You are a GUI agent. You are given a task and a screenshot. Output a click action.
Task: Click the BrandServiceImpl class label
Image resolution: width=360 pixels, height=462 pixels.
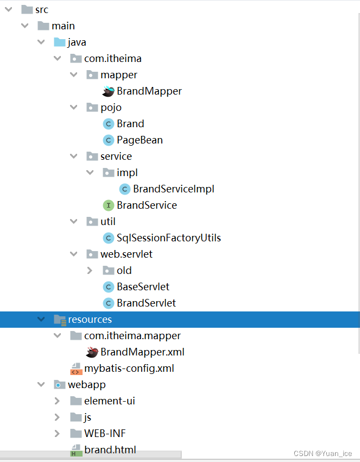click(x=173, y=189)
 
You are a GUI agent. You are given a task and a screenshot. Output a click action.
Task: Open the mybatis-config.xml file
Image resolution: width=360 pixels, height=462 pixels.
click(x=129, y=368)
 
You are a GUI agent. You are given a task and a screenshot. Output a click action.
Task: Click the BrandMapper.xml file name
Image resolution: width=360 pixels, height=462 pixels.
click(x=142, y=352)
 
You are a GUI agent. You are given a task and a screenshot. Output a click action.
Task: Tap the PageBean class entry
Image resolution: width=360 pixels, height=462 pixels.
click(x=140, y=140)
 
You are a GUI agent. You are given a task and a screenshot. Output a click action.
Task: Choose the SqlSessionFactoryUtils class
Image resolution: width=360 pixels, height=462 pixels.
click(x=168, y=238)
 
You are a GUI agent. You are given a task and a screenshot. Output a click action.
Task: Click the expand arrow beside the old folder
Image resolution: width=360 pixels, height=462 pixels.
click(x=90, y=270)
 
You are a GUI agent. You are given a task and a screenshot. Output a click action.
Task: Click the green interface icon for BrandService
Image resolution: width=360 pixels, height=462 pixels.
click(x=108, y=205)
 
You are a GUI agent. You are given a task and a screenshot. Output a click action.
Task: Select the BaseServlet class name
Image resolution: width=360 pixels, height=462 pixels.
click(x=143, y=286)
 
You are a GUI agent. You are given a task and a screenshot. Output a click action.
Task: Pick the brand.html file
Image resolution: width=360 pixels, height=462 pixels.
click(x=110, y=449)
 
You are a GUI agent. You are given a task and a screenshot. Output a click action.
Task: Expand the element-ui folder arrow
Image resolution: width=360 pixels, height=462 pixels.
click(x=58, y=401)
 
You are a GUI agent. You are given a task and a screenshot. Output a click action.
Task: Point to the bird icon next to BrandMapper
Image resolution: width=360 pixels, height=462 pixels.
click(x=108, y=91)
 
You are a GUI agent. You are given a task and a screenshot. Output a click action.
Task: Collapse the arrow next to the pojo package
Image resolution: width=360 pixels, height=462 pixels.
click(x=74, y=107)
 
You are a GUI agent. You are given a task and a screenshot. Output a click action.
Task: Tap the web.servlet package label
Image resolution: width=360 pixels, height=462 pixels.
click(x=126, y=254)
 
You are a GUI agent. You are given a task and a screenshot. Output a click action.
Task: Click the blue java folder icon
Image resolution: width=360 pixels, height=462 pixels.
click(x=59, y=42)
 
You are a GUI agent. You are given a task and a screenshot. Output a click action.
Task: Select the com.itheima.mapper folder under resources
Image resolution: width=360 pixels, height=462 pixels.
click(x=132, y=335)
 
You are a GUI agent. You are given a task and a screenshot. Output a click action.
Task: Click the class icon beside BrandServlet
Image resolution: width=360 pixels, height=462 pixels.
click(x=108, y=303)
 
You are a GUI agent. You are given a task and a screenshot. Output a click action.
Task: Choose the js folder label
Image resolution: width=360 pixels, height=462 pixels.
click(x=87, y=417)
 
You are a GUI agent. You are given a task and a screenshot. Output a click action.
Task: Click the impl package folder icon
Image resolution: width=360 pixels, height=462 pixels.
click(x=108, y=172)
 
